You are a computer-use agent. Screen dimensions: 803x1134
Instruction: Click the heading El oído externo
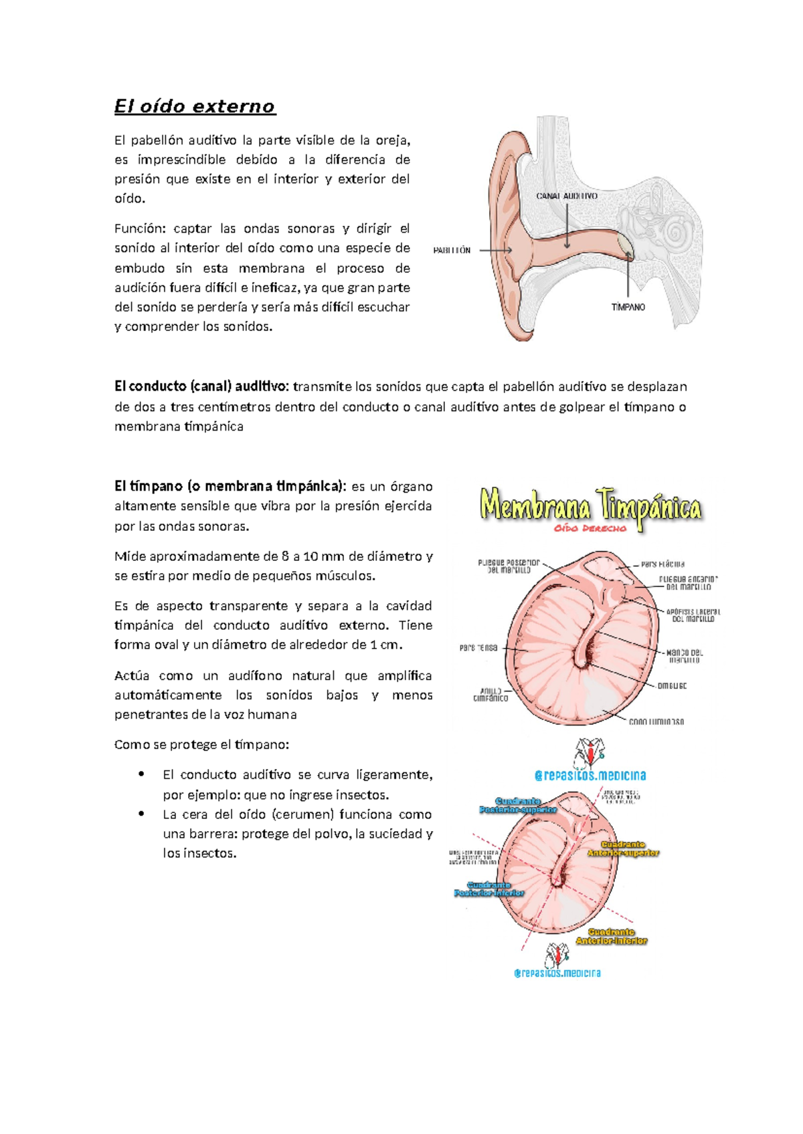point(195,107)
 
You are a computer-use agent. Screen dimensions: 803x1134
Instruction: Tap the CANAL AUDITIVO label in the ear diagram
point(567,196)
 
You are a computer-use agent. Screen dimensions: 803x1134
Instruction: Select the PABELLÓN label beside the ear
point(452,250)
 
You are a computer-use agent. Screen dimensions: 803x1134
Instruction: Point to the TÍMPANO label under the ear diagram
point(628,307)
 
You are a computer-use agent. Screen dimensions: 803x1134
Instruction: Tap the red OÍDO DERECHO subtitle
point(590,528)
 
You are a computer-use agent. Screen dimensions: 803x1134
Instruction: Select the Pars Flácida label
point(662,564)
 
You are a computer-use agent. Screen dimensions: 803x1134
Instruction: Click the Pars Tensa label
point(478,647)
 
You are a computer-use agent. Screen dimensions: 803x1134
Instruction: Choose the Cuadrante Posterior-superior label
point(518,805)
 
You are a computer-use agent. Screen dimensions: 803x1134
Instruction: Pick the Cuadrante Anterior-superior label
point(623,848)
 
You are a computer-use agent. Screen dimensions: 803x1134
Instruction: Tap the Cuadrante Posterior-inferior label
point(489,889)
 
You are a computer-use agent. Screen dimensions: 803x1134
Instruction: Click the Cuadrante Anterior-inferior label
point(612,936)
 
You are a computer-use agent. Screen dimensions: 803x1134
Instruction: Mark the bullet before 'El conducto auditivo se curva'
point(141,775)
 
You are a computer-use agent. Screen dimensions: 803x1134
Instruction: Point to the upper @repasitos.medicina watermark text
point(590,776)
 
